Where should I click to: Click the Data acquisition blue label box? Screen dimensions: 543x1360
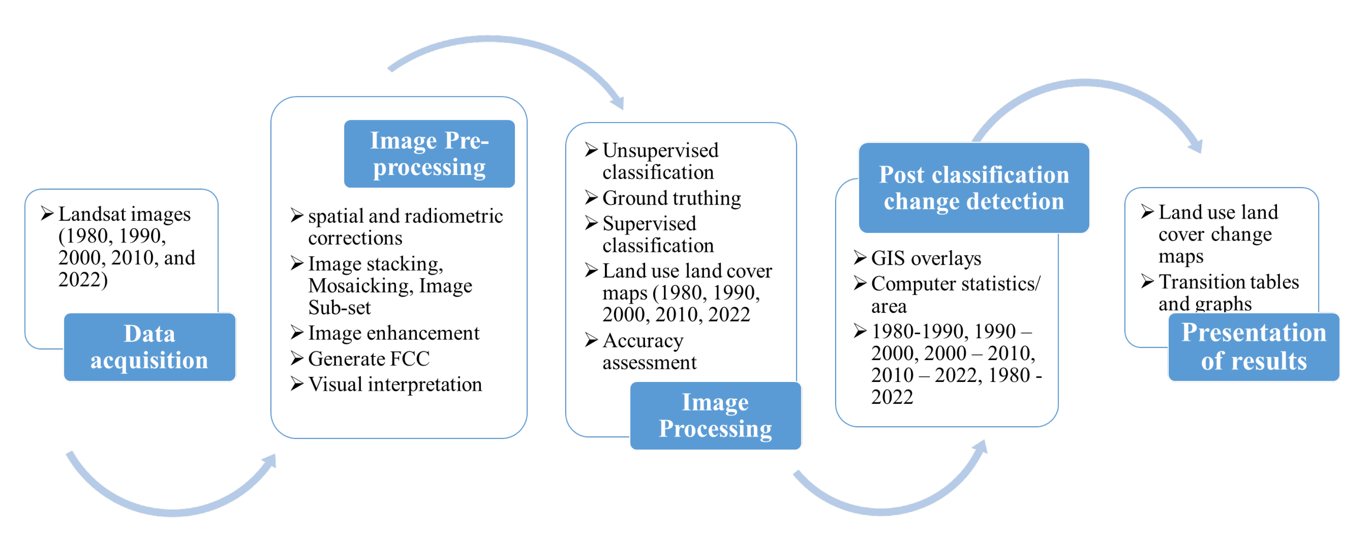[x=149, y=347]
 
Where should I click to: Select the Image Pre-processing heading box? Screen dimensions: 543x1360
[x=429, y=154]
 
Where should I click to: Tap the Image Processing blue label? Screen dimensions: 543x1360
[x=715, y=415]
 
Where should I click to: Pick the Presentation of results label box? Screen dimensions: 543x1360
[x=1253, y=347]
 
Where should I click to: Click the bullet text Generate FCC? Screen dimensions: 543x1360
[x=368, y=359]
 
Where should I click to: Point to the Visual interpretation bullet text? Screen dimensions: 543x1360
[x=395, y=385]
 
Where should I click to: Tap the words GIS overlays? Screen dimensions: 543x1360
[x=926, y=258]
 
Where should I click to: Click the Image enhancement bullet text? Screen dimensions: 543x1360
[x=394, y=333]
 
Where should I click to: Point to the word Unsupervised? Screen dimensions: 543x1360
[x=660, y=151]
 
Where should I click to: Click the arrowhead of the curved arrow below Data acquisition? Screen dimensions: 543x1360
[x=270, y=461]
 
